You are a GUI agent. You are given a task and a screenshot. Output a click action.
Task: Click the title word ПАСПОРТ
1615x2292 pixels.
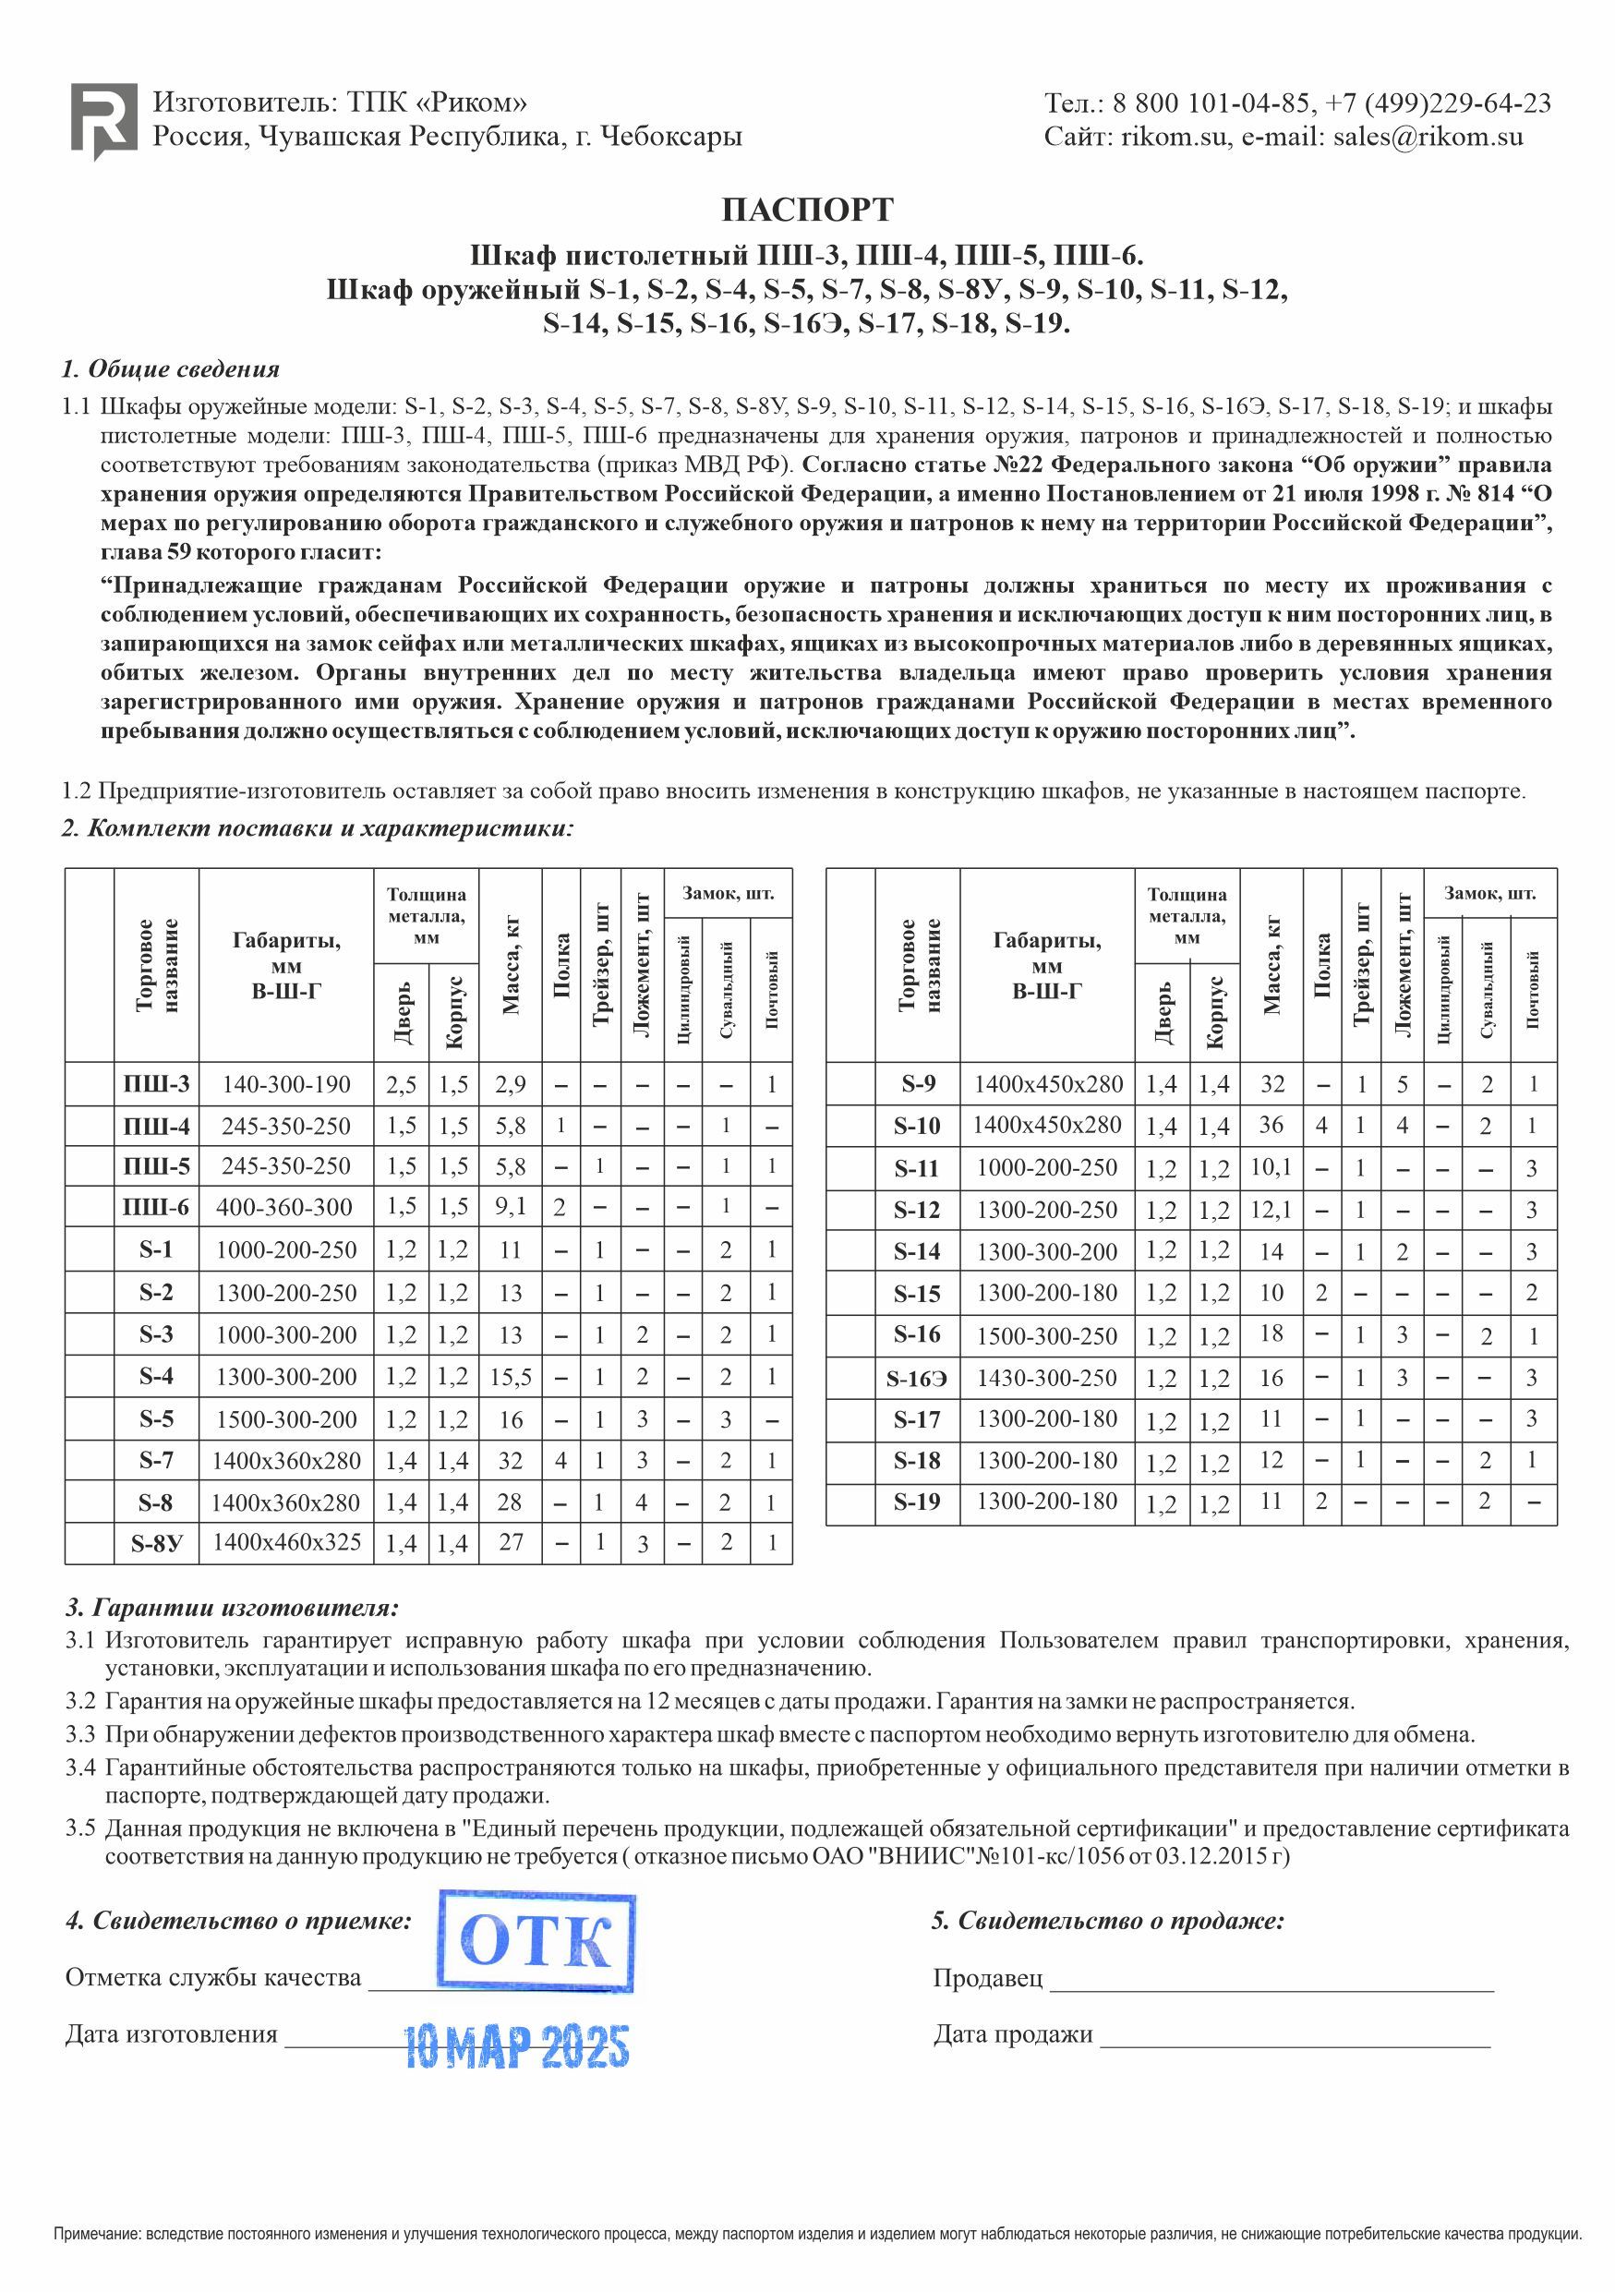coord(806,211)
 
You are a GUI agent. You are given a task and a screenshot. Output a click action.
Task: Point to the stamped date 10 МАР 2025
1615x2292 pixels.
coord(516,2046)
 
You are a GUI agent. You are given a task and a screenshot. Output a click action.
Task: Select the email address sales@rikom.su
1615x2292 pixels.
coord(1428,137)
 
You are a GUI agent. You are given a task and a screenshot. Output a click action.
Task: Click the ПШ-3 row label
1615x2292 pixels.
coord(156,1084)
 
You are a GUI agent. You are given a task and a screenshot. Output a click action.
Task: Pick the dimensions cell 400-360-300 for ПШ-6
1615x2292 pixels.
coord(284,1207)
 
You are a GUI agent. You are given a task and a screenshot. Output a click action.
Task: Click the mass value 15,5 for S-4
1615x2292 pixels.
coord(510,1378)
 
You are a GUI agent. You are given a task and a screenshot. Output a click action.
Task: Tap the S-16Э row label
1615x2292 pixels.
coord(916,1379)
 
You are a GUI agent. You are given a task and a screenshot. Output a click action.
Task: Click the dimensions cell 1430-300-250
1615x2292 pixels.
coord(1046,1379)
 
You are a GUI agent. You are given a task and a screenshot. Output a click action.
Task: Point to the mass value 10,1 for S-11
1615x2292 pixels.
coord(1271,1167)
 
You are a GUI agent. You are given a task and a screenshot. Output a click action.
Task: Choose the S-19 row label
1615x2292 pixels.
coord(916,1502)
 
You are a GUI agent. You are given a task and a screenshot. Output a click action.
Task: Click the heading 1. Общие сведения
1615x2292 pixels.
coord(171,369)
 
